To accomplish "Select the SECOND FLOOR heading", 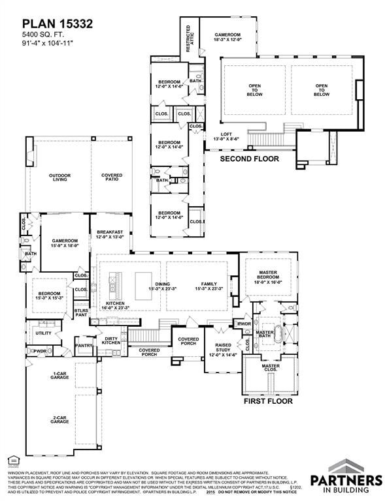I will click(x=249, y=159).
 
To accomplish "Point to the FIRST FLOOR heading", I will click(x=268, y=402).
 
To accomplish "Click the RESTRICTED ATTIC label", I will click(x=188, y=37).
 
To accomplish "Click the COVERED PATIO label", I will click(x=112, y=177).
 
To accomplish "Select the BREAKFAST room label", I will click(x=110, y=234).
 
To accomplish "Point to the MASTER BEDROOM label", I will click(x=268, y=279).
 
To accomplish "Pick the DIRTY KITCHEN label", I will click(x=110, y=340).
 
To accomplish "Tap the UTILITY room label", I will click(x=43, y=333).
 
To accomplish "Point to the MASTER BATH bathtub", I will click(x=279, y=334).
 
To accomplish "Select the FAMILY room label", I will click(x=209, y=286).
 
